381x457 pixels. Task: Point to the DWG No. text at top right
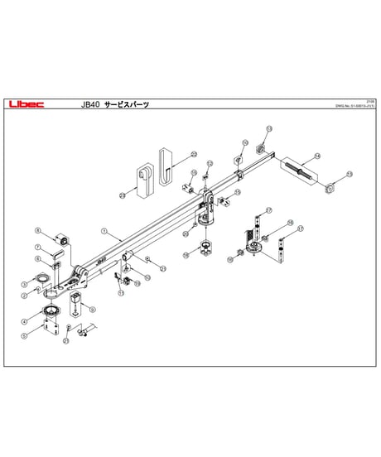tap(354, 106)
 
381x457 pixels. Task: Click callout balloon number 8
tap(37, 229)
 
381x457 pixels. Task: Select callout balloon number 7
tap(37, 248)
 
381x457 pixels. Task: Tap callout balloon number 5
tap(26, 335)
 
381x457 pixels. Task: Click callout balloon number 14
tap(317, 156)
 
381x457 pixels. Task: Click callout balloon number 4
tap(26, 320)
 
